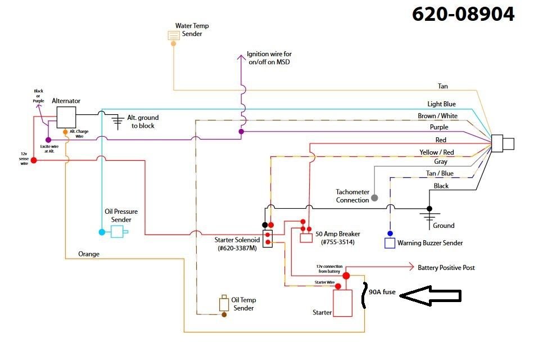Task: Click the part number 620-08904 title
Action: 463,14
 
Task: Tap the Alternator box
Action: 66,116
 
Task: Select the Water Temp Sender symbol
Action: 174,35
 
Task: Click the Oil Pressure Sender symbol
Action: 117,231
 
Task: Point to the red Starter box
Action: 342,303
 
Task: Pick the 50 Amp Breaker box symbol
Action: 306,237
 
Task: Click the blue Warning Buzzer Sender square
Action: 390,243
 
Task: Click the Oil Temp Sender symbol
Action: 224,303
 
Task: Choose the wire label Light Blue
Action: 442,104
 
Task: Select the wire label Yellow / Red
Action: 437,152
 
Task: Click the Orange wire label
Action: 89,254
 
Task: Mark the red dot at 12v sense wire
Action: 34,160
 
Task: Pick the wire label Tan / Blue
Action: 440,173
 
